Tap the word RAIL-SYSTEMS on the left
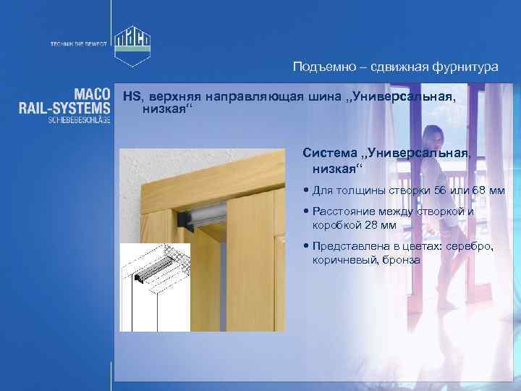(x=65, y=106)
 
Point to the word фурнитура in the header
(x=462, y=67)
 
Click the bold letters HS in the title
(x=131, y=96)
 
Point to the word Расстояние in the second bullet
(x=349, y=211)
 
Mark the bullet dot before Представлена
(x=308, y=246)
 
